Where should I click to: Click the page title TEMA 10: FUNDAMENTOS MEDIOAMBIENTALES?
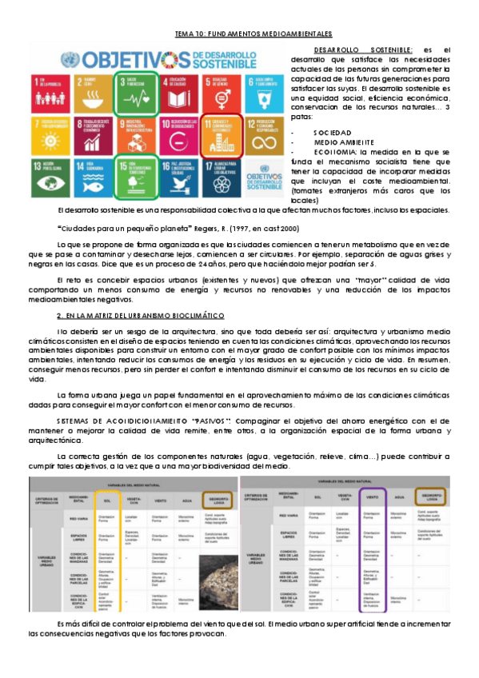253,35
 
